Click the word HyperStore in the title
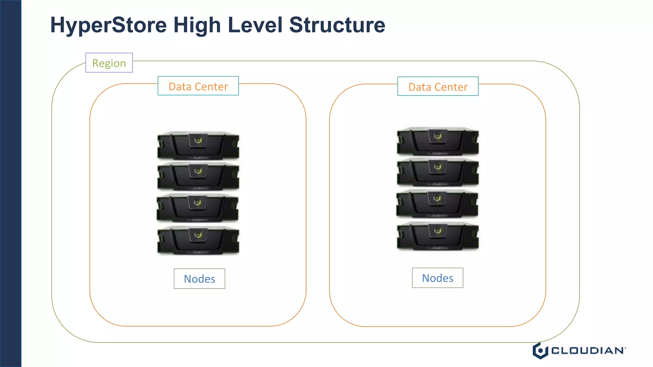click(x=108, y=25)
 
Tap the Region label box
click(x=109, y=63)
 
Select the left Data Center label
click(x=198, y=86)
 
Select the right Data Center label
click(x=438, y=86)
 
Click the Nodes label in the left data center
click(x=199, y=279)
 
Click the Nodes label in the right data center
click(x=437, y=278)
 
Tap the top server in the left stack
click(x=198, y=146)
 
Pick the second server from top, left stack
click(x=198, y=176)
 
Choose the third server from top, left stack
click(x=197, y=208)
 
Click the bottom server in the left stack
click(x=198, y=240)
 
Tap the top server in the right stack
click(x=438, y=141)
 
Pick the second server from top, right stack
click(x=438, y=172)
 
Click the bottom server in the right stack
click(x=438, y=236)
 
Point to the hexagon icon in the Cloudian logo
click(x=540, y=351)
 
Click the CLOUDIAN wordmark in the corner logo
click(x=588, y=351)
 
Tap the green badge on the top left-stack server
click(x=198, y=140)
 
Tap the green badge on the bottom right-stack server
click(x=438, y=231)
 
